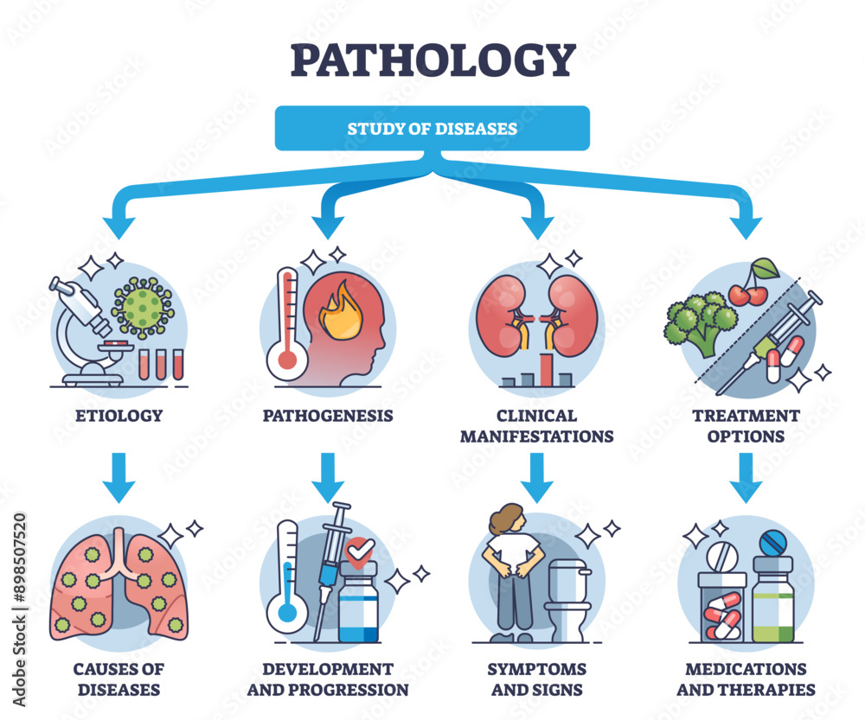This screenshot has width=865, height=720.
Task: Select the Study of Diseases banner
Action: coord(432,129)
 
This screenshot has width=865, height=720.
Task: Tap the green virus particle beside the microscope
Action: coord(143,307)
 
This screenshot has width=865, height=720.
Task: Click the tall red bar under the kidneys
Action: coord(546,367)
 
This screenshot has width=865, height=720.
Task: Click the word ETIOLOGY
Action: coord(119,416)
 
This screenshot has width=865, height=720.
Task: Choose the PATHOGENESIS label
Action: coord(328,416)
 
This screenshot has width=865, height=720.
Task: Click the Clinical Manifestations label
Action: coord(536,426)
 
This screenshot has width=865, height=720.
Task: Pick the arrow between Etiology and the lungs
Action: coord(119,477)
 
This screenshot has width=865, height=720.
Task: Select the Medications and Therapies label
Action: coord(745,679)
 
